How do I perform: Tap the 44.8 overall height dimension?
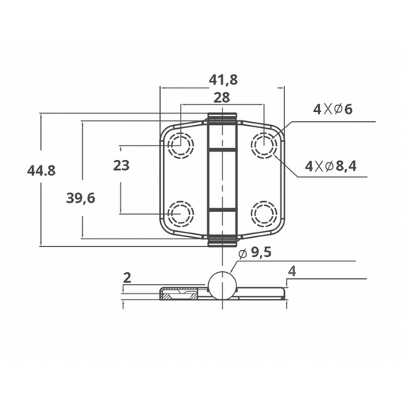[x=40, y=171]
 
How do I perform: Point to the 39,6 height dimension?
[x=81, y=198]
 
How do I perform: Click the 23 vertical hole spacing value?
[x=120, y=165]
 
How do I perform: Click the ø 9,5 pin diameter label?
[x=255, y=254]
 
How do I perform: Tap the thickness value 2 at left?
[x=127, y=278]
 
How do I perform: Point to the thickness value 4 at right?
[x=291, y=271]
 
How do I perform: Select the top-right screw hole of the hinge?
[x=264, y=143]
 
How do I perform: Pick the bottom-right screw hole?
[x=264, y=213]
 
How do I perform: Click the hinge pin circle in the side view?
[x=222, y=285]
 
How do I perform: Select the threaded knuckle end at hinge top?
[x=222, y=119]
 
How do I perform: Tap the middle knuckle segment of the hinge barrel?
[x=222, y=179]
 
